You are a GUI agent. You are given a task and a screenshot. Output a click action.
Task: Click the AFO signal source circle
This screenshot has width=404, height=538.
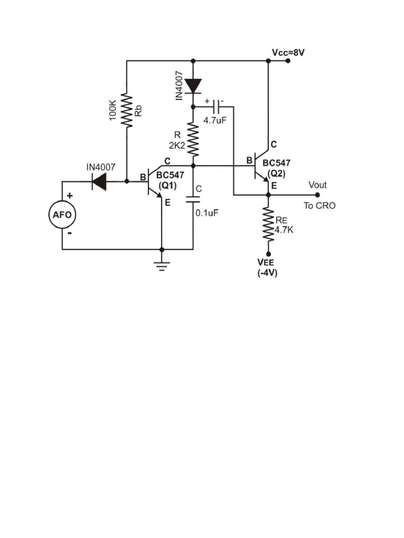[x=62, y=215]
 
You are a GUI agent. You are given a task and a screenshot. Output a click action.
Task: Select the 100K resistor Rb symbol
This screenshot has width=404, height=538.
[x=127, y=110]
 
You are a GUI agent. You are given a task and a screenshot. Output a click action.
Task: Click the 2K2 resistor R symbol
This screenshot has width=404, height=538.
[x=193, y=139]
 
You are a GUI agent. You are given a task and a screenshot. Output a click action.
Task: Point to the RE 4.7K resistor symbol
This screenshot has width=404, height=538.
[x=268, y=224]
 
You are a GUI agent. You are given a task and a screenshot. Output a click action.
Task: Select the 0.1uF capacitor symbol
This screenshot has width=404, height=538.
[x=193, y=200]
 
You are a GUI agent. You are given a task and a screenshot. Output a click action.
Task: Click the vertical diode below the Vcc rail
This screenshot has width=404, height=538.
[x=193, y=86]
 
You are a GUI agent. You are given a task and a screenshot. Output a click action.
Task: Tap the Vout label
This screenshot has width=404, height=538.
[x=317, y=185]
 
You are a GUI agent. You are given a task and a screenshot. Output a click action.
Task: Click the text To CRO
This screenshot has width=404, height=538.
[x=319, y=205]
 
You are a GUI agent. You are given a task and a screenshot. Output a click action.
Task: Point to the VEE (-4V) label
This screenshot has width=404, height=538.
[x=267, y=267]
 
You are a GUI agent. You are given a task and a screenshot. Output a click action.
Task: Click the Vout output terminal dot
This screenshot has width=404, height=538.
[x=317, y=194]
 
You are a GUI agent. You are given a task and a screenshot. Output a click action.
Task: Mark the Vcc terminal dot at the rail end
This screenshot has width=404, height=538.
[x=288, y=61]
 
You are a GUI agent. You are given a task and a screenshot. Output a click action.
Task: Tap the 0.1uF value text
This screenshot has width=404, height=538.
[x=207, y=213]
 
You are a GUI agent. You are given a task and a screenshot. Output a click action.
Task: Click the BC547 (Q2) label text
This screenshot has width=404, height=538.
[x=276, y=168]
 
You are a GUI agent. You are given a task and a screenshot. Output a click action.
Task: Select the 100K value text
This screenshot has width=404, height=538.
[x=113, y=110]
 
